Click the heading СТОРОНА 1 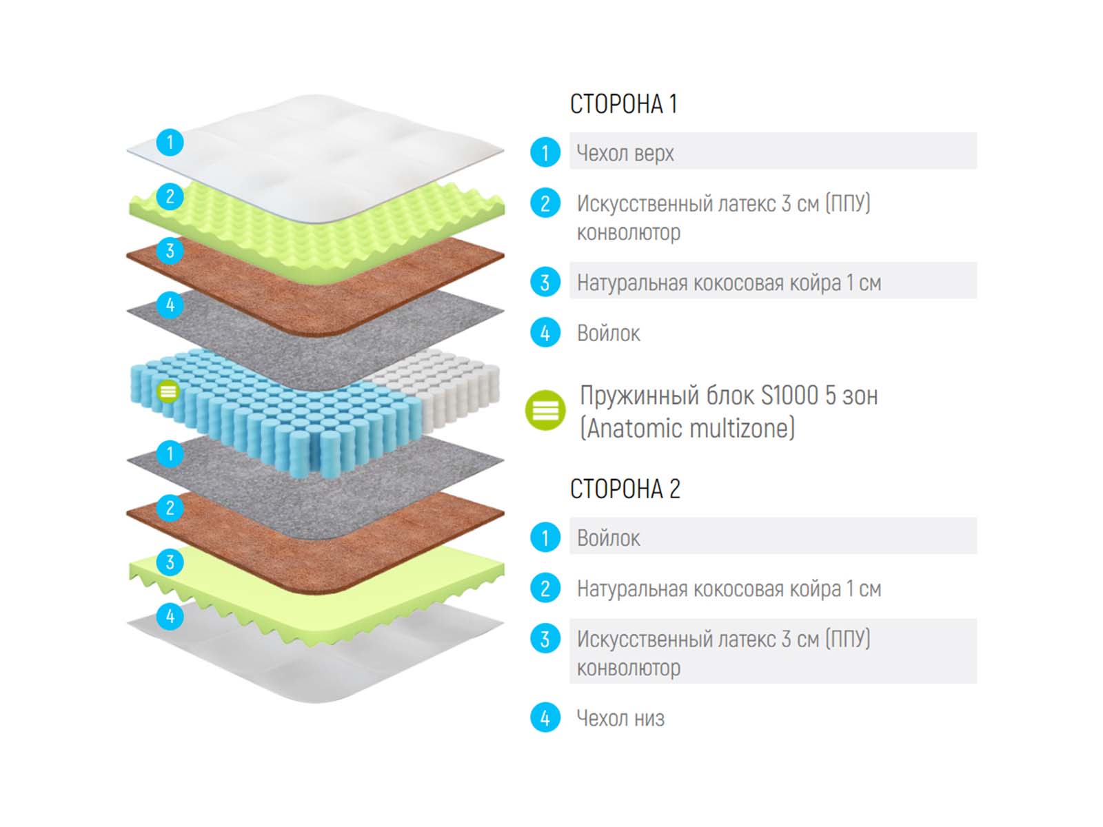[x=623, y=104]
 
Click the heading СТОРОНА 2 [x=625, y=489]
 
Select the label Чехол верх [x=625, y=153]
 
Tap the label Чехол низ [x=620, y=718]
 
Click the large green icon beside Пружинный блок [x=545, y=410]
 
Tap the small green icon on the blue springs [x=168, y=391]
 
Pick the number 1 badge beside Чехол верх [x=545, y=152]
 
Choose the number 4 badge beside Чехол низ [x=545, y=718]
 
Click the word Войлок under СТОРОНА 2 [x=608, y=538]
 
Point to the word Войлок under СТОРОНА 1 [x=608, y=334]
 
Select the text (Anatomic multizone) [x=687, y=428]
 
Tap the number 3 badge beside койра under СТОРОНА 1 [x=545, y=282]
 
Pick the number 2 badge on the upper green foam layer [x=170, y=196]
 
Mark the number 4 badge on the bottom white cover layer [x=170, y=615]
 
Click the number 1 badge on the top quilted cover [x=170, y=143]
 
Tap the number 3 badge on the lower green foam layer [x=170, y=562]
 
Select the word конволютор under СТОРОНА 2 [x=628, y=668]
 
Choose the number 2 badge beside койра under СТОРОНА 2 [x=545, y=589]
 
